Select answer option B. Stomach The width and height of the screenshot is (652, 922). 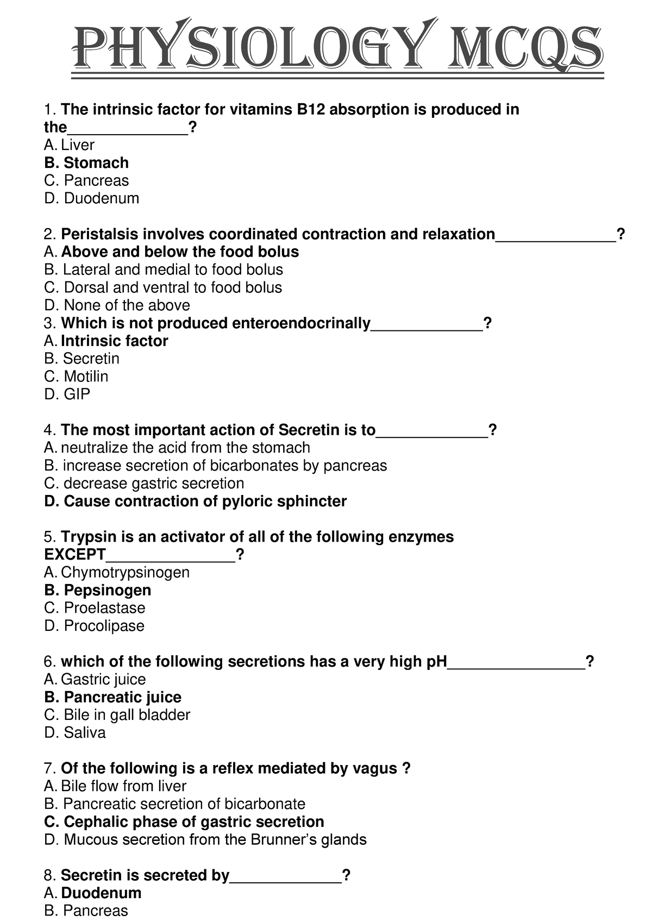86,163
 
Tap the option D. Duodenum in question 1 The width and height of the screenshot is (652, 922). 91,198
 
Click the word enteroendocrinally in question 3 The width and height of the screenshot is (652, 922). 301,323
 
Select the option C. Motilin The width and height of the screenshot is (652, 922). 76,377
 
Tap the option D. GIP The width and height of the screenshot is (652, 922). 67,394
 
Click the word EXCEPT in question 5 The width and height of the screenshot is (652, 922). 74,555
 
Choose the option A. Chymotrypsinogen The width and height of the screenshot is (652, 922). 117,573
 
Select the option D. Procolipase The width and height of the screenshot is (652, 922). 94,626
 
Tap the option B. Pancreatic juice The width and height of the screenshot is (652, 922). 112,697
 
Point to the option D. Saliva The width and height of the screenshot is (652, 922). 75,733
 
